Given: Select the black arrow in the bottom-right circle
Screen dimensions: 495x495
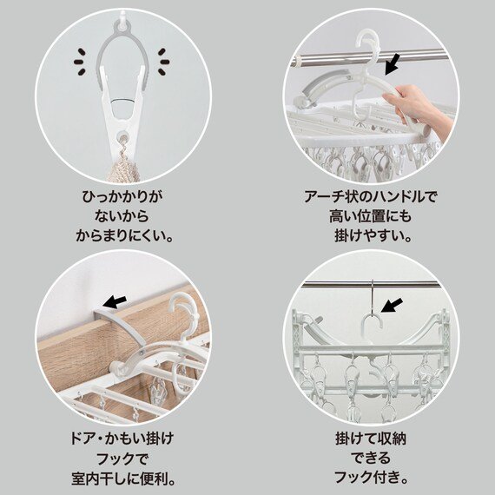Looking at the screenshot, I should pyautogui.click(x=393, y=305).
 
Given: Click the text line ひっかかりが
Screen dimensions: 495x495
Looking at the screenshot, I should pyautogui.click(x=122, y=197).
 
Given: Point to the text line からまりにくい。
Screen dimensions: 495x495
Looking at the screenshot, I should pyautogui.click(x=122, y=235).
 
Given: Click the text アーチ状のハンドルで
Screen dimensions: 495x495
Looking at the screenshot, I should pyautogui.click(x=371, y=197).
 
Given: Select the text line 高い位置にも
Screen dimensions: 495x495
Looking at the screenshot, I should pyautogui.click(x=371, y=216).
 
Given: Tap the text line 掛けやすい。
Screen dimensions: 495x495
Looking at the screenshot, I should pyautogui.click(x=371, y=235).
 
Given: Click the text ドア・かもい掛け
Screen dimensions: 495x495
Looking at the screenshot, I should pyautogui.click(x=122, y=438).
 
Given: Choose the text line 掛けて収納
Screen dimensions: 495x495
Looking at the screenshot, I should pyautogui.click(x=371, y=438).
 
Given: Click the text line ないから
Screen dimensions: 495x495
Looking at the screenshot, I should pyautogui.click(x=122, y=216).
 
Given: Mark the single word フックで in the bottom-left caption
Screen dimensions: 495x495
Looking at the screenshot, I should pyautogui.click(x=122, y=457).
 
